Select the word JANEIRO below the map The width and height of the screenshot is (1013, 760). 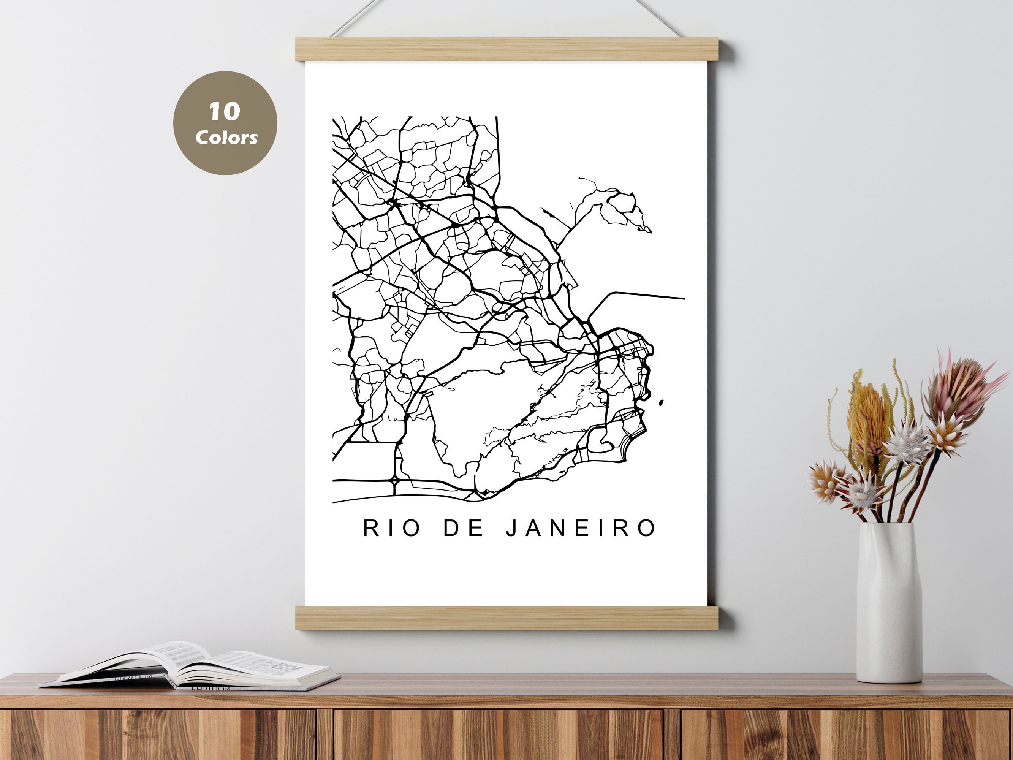(x=581, y=528)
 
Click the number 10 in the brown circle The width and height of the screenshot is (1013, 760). (x=225, y=111)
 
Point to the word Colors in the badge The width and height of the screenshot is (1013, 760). (x=226, y=137)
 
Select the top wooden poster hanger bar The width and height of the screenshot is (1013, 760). (x=507, y=49)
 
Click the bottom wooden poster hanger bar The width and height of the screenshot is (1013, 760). (x=507, y=618)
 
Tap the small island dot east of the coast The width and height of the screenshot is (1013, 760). (x=661, y=403)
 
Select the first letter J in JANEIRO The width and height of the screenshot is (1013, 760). (x=512, y=528)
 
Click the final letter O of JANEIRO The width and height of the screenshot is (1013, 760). (x=647, y=528)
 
